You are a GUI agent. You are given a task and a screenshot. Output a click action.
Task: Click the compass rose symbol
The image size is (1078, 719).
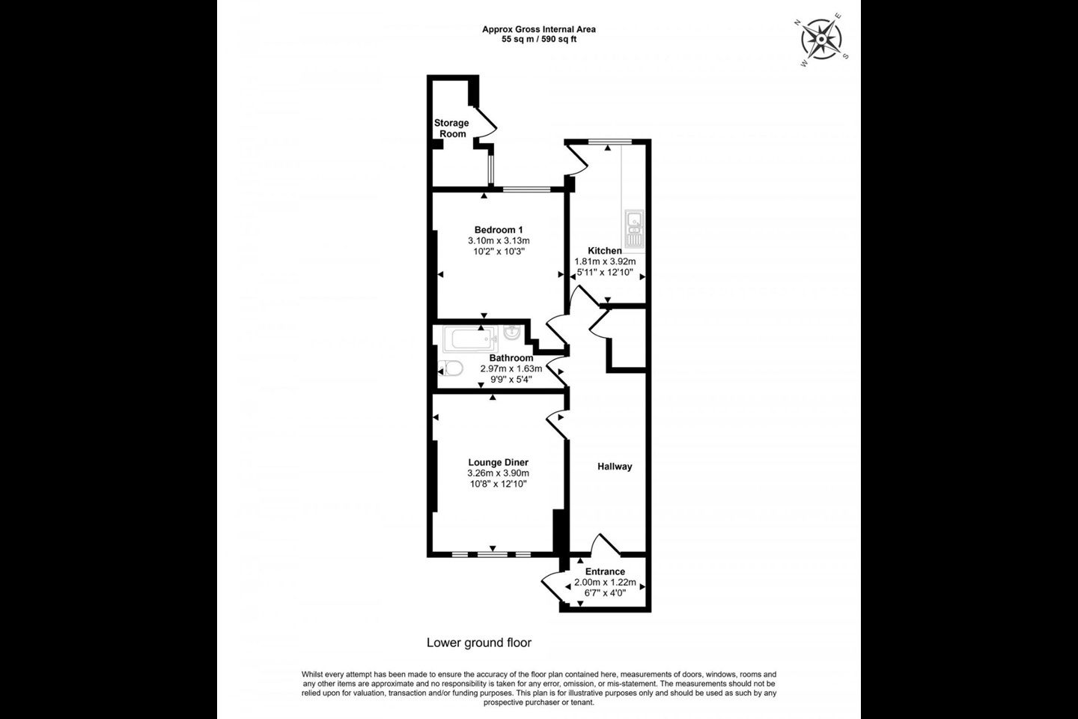(821, 39)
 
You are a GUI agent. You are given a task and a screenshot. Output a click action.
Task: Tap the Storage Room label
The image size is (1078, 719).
(451, 128)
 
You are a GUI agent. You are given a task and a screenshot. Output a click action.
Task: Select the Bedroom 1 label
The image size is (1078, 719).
(499, 230)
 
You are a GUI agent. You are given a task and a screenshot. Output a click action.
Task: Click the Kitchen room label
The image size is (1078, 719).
(605, 250)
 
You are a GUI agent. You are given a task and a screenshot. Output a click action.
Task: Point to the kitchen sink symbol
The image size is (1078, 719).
(635, 229)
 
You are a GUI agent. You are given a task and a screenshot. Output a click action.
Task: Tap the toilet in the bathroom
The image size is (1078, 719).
(451, 368)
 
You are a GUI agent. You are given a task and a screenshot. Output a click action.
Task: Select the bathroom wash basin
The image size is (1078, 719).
(511, 333)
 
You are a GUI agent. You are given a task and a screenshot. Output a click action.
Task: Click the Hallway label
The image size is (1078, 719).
(615, 466)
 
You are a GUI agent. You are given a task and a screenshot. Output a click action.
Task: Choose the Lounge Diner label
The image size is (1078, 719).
(498, 462)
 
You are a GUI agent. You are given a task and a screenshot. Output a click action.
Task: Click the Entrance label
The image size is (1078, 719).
(605, 571)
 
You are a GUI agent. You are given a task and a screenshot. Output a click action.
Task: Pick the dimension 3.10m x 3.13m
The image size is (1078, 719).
(499, 240)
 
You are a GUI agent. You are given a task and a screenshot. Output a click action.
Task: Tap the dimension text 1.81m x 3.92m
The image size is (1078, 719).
(605, 261)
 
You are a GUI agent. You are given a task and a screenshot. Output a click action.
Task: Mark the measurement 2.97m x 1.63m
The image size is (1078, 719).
(511, 368)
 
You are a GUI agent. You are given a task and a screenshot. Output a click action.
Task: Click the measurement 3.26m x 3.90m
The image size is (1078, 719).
(498, 473)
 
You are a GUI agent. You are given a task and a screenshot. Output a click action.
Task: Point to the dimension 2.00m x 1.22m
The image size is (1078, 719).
(605, 582)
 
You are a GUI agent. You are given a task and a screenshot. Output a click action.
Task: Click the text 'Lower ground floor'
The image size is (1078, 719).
(479, 643)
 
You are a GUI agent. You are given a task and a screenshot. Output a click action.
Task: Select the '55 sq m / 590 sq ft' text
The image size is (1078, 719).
(539, 40)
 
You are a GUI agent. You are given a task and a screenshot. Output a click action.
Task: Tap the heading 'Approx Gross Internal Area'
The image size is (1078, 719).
(539, 29)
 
